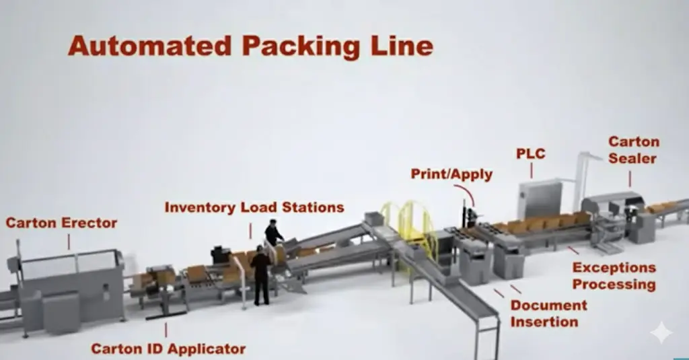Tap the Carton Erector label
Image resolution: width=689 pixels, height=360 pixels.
tap(61, 223)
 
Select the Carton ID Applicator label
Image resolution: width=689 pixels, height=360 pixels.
tap(168, 349)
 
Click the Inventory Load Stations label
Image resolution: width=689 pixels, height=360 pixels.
tap(254, 207)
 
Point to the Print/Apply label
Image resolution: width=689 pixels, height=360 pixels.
tap(452, 174)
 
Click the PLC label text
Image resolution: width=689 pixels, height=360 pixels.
tap(530, 154)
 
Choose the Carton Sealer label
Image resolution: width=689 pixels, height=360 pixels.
tap(634, 150)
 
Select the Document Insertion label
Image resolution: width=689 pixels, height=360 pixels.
tap(548, 313)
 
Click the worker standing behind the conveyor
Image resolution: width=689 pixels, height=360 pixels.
tap(273, 233)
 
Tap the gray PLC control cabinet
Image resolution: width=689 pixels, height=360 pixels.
tap(540, 198)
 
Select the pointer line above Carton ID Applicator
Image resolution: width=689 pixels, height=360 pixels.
tap(167, 330)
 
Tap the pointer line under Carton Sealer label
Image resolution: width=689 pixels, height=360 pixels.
tap(630, 178)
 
